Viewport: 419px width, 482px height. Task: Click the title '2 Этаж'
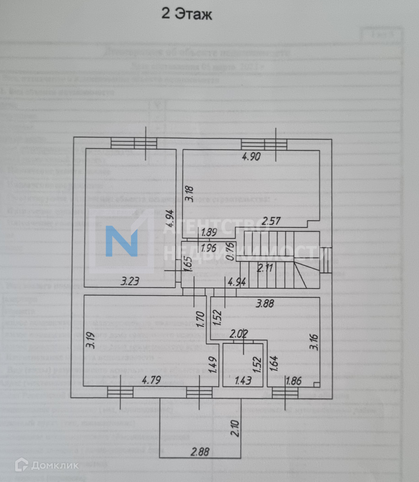point(187,14)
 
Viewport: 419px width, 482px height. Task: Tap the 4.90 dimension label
point(251,157)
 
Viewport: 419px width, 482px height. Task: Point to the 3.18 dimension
point(189,194)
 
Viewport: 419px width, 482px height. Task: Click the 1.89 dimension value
point(209,233)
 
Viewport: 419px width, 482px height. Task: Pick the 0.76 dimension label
point(229,251)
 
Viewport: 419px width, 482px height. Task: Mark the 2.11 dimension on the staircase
point(265,268)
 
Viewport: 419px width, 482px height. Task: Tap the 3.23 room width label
point(130,281)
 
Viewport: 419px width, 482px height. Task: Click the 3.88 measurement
point(265,303)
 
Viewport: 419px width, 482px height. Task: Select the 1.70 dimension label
point(200,320)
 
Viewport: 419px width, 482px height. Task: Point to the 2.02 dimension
point(238,334)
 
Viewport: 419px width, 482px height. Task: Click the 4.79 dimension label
point(151,379)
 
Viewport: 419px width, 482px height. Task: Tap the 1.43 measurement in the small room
point(243,381)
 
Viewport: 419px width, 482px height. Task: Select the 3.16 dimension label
point(315,342)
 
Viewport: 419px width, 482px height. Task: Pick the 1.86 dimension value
point(293,381)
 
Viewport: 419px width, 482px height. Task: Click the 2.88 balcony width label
point(200,452)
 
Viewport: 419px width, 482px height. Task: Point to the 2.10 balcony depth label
point(235,428)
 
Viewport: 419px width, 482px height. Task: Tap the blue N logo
point(122,241)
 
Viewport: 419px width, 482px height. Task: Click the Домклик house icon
point(21,465)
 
